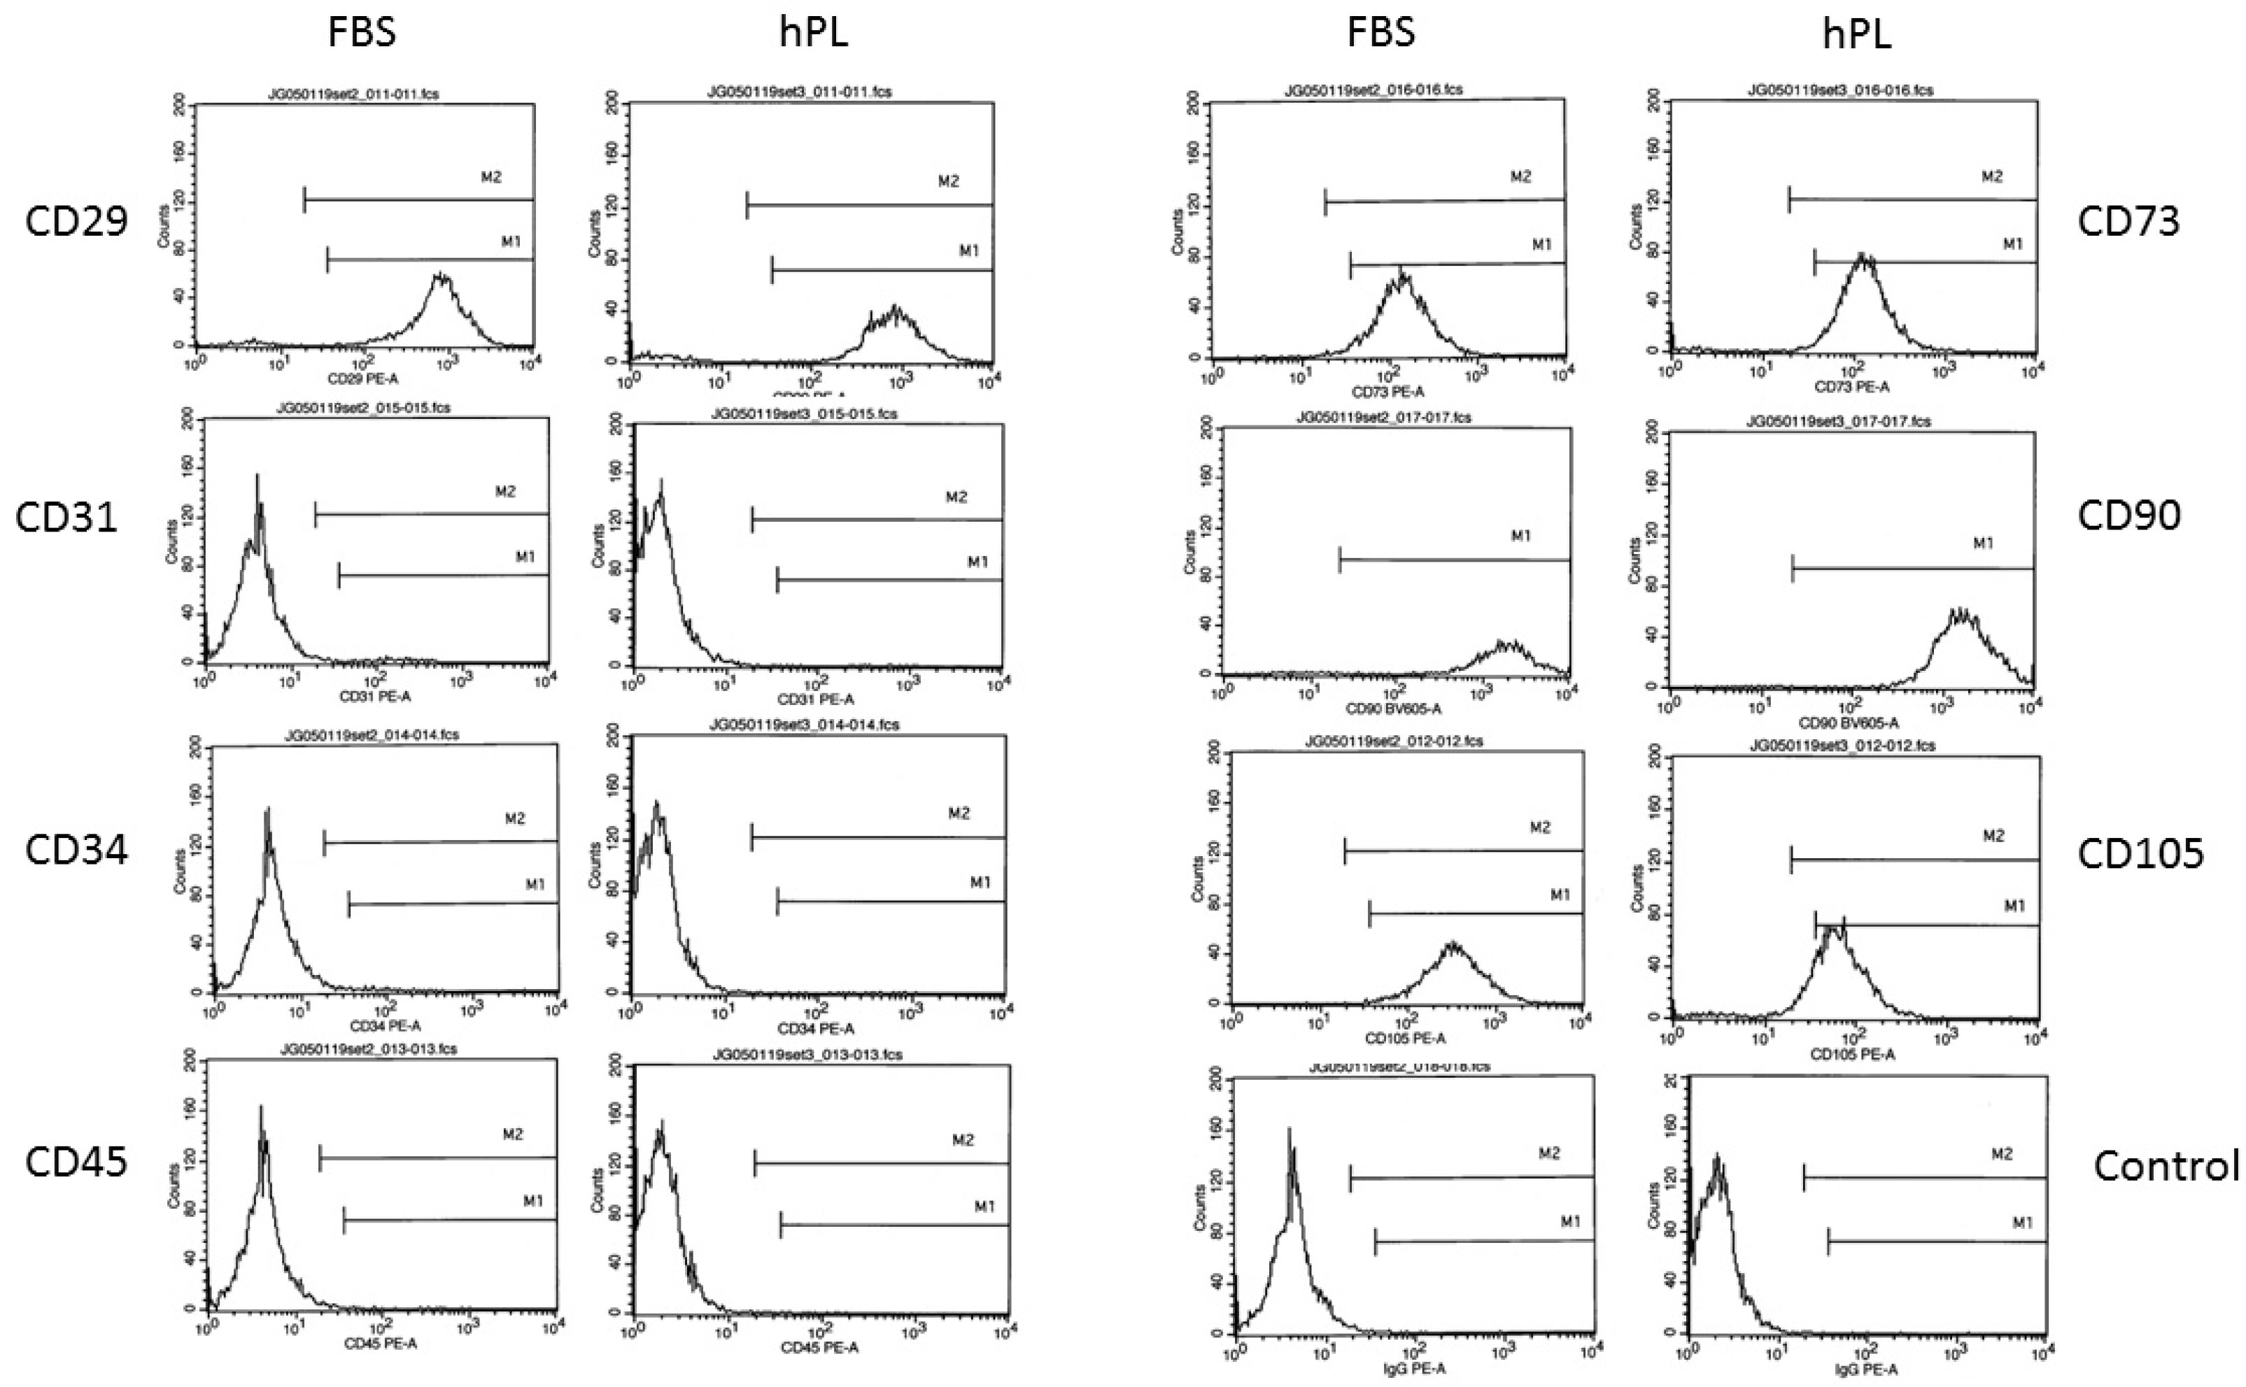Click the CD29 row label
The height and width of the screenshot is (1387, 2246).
coord(76,221)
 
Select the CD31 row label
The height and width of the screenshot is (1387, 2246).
coord(66,518)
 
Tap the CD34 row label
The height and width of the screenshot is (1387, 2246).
coord(76,851)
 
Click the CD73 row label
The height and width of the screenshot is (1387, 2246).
coord(2128,221)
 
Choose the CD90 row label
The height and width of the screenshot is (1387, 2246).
coord(2128,516)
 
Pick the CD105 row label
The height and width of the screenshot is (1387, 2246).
coord(2140,854)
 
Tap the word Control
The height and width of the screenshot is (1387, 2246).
coord(2166,1166)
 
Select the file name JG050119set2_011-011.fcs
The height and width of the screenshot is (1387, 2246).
coord(365,94)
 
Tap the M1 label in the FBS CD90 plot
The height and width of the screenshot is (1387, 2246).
coord(1521,536)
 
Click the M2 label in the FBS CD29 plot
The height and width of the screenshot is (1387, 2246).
coord(492,177)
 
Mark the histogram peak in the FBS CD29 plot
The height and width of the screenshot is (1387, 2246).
coord(442,275)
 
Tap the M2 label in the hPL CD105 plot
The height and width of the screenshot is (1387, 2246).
coord(1993,836)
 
